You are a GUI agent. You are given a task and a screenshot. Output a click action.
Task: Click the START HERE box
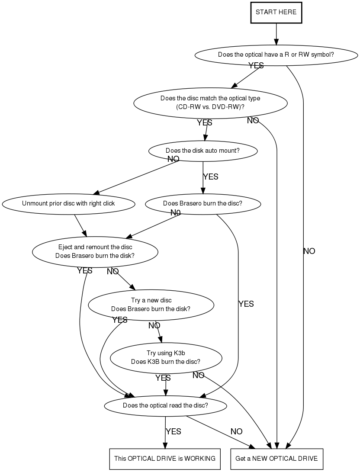click(x=276, y=13)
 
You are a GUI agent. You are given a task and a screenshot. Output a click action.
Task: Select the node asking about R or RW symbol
click(x=276, y=55)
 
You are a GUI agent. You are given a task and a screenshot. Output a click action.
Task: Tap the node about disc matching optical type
click(x=210, y=103)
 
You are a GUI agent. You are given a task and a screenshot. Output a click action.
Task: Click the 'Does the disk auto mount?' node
click(x=203, y=151)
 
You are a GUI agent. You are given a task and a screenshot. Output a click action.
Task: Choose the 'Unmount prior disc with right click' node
click(x=68, y=204)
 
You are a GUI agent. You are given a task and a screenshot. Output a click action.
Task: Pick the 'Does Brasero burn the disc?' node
click(x=203, y=204)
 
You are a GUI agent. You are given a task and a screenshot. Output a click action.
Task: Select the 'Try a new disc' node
click(x=151, y=305)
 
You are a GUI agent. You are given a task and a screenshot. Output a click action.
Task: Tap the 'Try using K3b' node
click(x=166, y=358)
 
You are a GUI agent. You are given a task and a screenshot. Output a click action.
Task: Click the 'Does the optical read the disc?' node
click(x=165, y=405)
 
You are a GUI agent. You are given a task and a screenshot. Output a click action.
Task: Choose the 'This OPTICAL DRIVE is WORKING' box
click(x=165, y=459)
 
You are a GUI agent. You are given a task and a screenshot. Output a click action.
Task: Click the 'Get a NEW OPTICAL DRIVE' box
click(x=276, y=459)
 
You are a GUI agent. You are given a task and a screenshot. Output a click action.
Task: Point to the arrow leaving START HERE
click(x=276, y=34)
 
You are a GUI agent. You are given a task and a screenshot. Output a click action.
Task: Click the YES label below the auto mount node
click(x=211, y=177)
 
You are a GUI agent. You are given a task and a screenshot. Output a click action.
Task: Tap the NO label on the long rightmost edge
click(x=309, y=251)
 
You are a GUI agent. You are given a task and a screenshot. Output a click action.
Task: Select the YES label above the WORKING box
click(x=174, y=432)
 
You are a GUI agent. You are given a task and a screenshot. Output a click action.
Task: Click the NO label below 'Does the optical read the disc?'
click(x=237, y=432)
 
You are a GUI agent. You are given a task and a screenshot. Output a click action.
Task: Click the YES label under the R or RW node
click(x=256, y=65)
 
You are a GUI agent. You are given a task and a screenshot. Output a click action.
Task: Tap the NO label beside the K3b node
click(x=198, y=376)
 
